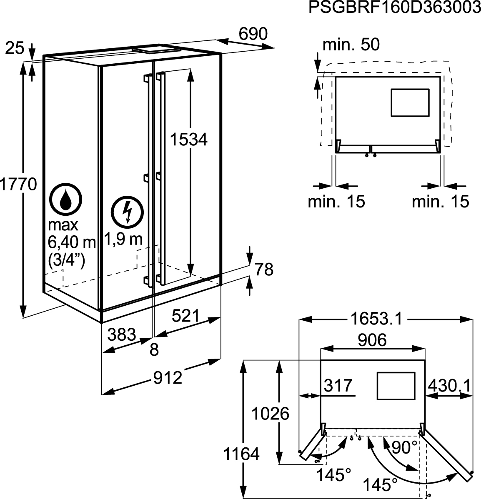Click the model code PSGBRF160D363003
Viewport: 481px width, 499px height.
[x=395, y=7]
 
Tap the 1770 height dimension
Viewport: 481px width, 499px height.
[x=18, y=184]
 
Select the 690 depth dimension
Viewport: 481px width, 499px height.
[x=253, y=34]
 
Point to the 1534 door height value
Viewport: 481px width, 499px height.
[x=188, y=140]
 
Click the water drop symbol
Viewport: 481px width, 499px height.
[x=65, y=200]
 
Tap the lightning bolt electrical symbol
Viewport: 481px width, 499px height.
[x=127, y=212]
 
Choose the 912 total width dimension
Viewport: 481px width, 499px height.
[x=168, y=378]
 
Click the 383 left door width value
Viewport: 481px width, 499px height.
[x=122, y=334]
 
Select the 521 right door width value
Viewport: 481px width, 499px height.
[x=186, y=316]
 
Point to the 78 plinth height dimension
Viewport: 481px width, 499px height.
[x=264, y=269]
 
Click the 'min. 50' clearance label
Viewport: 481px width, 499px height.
[x=351, y=45]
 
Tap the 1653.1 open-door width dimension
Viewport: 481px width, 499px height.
[x=376, y=319]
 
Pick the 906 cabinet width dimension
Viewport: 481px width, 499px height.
[x=372, y=340]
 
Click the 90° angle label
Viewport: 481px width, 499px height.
[x=404, y=447]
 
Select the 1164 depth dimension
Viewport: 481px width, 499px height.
[x=241, y=454]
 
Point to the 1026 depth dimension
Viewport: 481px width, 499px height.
[x=270, y=414]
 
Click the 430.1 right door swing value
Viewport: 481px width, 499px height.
[x=449, y=386]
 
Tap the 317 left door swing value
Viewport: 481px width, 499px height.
[x=338, y=386]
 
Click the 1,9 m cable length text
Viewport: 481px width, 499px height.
[x=124, y=239]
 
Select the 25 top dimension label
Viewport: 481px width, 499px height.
[x=15, y=48]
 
